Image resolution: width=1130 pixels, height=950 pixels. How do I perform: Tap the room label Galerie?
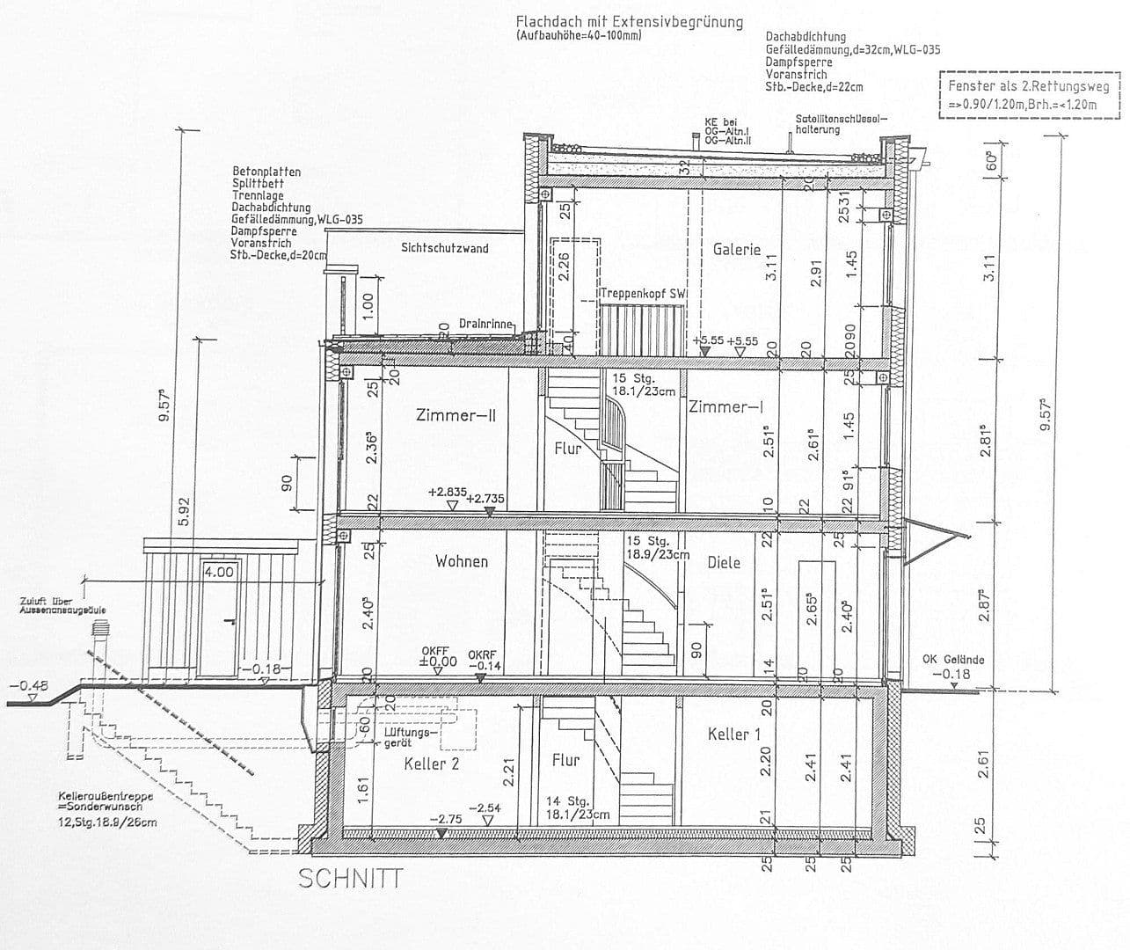coord(736,249)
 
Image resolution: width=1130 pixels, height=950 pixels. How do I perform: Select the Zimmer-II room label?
coord(456,414)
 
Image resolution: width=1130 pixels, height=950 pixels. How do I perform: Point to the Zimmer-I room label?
coord(725,406)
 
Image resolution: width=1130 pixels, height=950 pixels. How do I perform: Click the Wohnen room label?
coord(461,561)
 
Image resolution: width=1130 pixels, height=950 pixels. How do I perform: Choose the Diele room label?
coord(724,562)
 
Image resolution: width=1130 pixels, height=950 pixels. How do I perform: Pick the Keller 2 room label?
coord(431,764)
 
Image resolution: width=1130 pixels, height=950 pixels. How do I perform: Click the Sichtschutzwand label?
coord(444,248)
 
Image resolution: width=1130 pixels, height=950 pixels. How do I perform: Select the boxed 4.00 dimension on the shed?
coord(219,572)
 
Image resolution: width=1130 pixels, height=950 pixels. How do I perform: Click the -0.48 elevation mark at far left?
coord(27,685)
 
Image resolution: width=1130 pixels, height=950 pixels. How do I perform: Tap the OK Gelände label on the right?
coord(952,659)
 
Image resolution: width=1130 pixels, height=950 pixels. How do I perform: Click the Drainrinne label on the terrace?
coord(485,324)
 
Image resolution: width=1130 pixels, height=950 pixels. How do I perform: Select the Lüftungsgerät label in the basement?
coord(410,737)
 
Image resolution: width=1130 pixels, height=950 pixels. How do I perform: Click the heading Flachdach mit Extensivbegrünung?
coord(629,22)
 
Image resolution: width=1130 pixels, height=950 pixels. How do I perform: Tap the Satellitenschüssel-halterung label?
coord(841,124)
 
